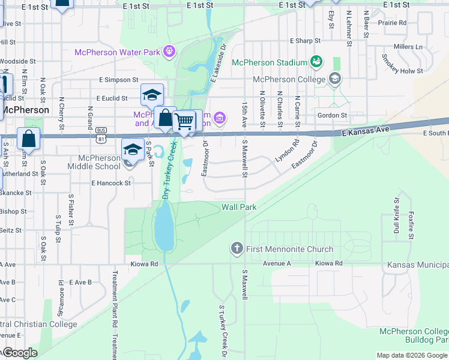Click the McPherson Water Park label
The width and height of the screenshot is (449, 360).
[x=117, y=52]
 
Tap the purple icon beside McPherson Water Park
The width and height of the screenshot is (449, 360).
[x=170, y=52]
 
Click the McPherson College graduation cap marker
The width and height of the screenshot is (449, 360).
[x=335, y=79]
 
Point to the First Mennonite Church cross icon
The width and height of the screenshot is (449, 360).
[x=237, y=248]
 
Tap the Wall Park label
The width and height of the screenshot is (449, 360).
[x=239, y=207]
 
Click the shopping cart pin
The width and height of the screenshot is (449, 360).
[x=184, y=121]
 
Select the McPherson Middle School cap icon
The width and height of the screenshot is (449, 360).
[x=133, y=150]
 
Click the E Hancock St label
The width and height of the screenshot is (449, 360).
[x=110, y=184]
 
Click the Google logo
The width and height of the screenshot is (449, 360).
[x=19, y=353]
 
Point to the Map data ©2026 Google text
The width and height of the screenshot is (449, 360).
[x=411, y=356]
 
